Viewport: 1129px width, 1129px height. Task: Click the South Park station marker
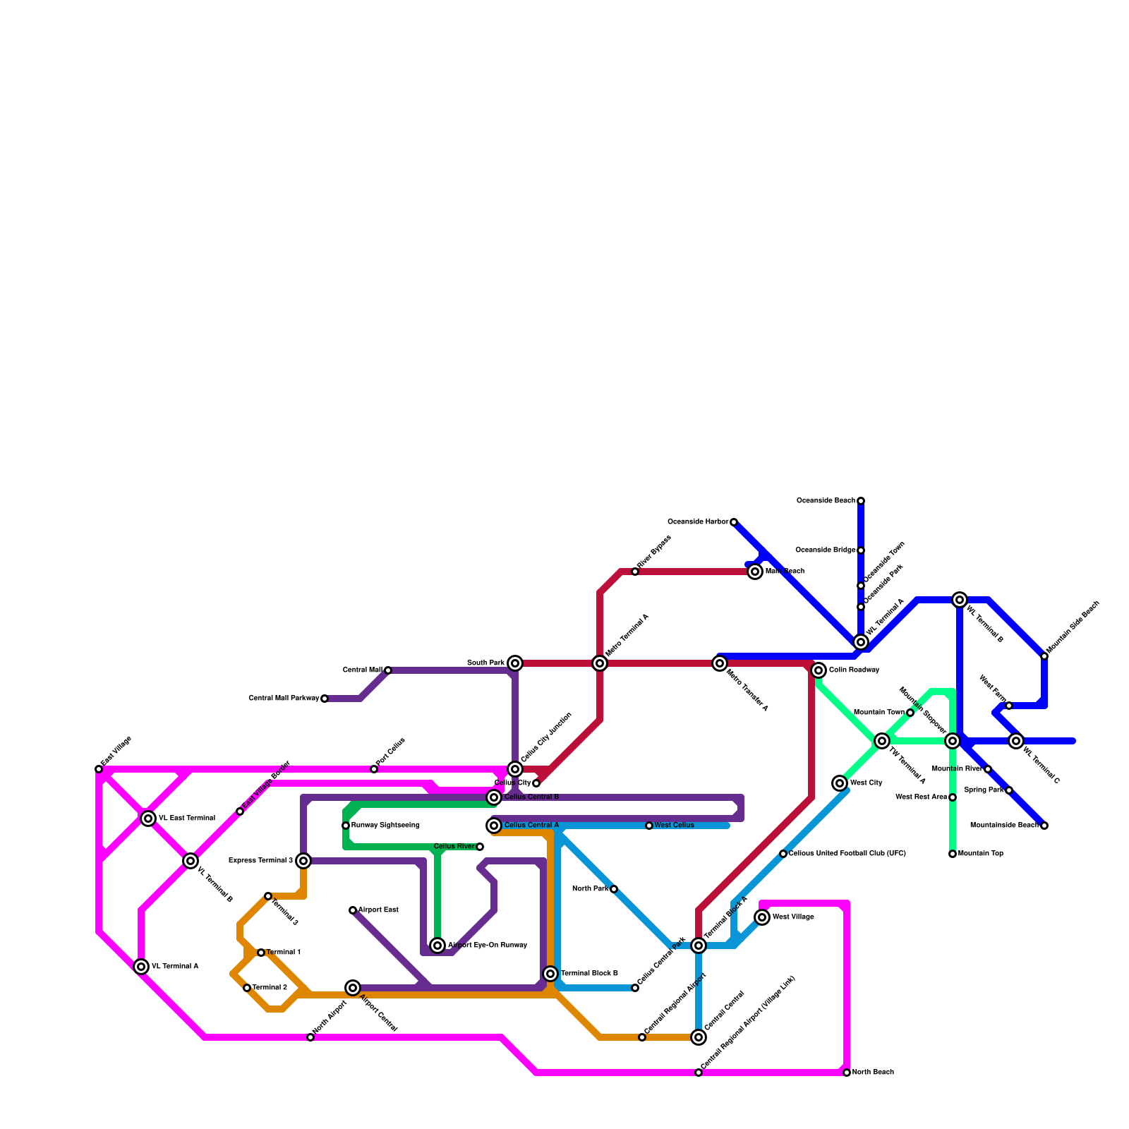(515, 663)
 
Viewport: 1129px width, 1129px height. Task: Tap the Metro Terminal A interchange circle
(600, 663)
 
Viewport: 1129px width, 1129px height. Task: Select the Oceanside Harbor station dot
(734, 522)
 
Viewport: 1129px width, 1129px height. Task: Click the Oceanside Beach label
(826, 501)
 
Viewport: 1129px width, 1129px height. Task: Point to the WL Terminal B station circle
(960, 600)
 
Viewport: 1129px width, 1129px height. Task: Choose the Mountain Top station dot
(953, 854)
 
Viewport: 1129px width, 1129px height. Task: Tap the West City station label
(867, 783)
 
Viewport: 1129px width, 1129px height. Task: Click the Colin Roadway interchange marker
(819, 670)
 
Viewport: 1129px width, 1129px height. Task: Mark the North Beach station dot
(847, 1073)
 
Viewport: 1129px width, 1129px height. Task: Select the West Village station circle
(762, 917)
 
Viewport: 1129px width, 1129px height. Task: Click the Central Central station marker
(699, 1037)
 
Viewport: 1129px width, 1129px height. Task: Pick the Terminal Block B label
(589, 974)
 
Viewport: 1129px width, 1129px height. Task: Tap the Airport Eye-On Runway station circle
(437, 946)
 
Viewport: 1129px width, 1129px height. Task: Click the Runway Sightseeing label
(385, 826)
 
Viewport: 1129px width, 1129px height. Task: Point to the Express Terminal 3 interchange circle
(303, 861)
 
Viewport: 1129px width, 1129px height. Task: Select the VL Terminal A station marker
(141, 967)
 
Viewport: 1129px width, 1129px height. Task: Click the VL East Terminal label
(186, 819)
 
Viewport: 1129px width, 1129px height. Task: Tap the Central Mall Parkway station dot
(325, 699)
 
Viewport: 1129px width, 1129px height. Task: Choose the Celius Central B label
(531, 797)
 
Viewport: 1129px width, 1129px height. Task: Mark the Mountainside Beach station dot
(1044, 826)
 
